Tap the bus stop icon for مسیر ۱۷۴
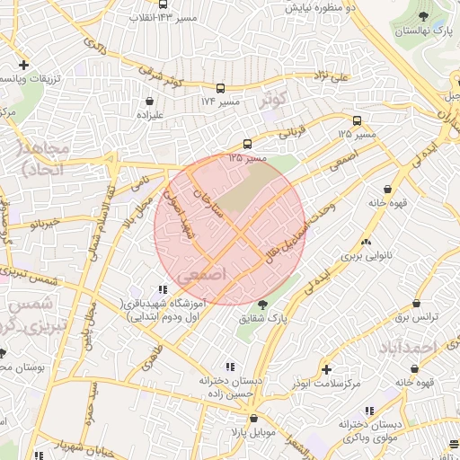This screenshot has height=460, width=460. pos(220,90)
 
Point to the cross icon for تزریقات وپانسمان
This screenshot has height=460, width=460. pos(23,65)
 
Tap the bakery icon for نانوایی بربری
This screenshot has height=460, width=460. pos(366,242)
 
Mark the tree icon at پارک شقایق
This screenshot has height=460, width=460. pos(262,304)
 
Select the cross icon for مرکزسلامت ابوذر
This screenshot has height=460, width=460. pos(325,368)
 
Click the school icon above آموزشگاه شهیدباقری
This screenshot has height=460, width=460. pos(163,289)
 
